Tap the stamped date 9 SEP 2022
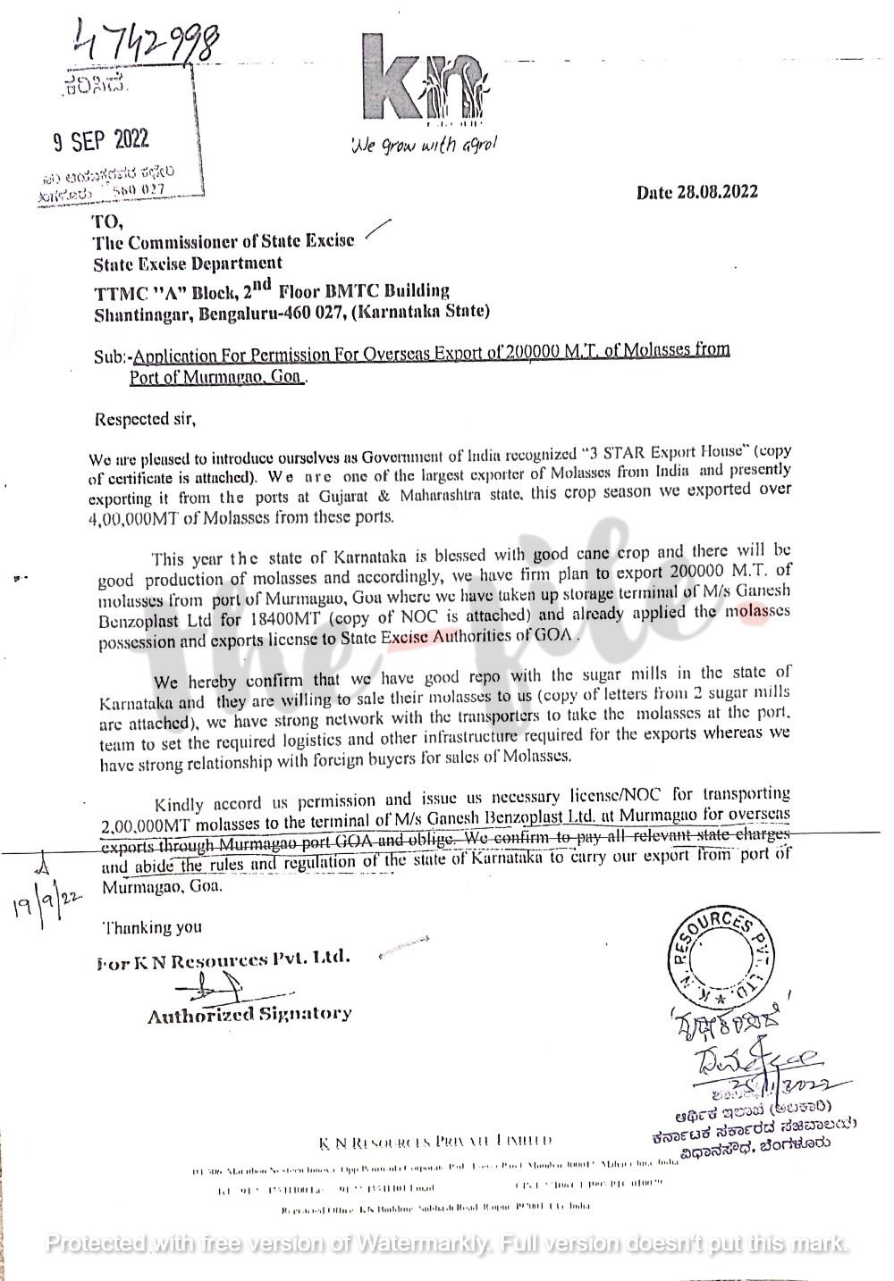[100, 139]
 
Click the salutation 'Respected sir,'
[143, 417]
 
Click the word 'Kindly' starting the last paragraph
[179, 794]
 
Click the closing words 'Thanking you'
[152, 927]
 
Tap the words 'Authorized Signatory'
[249, 1014]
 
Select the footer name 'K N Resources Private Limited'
[435, 1142]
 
